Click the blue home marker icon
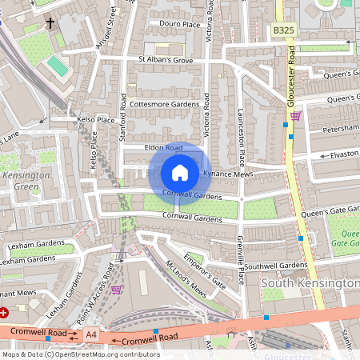(x=180, y=172)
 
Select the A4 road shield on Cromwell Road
(x=91, y=334)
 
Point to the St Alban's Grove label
(x=166, y=59)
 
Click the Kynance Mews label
(x=228, y=173)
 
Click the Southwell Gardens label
(x=275, y=265)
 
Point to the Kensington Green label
(x=25, y=181)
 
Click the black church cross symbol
(x=50, y=23)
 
